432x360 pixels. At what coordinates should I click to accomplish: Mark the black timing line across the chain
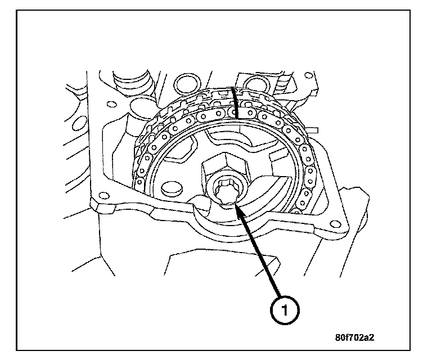click(x=235, y=104)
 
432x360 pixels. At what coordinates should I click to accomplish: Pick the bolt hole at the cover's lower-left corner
click(x=102, y=196)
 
